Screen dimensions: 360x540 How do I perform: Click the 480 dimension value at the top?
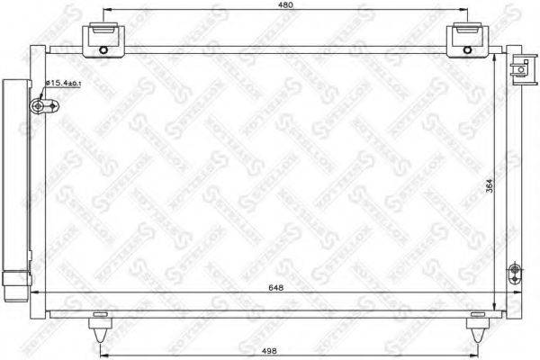tap(285, 5)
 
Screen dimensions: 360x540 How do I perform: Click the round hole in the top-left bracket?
tap(103, 49)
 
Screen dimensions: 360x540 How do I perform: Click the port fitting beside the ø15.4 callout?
tap(40, 107)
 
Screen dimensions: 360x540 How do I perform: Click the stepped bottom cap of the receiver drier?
tap(14, 290)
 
